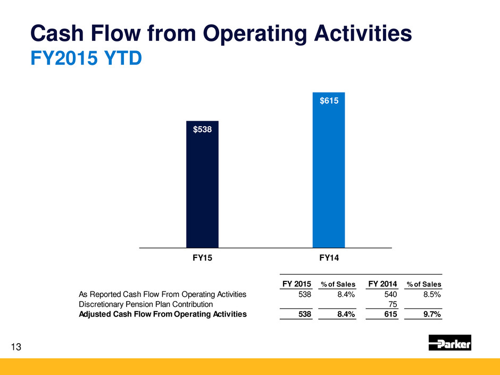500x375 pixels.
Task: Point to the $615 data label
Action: pyautogui.click(x=328, y=101)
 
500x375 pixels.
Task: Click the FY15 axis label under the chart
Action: pyautogui.click(x=202, y=257)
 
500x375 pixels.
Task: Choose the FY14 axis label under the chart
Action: pyautogui.click(x=329, y=257)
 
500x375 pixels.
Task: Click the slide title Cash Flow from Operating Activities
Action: pyautogui.click(x=221, y=35)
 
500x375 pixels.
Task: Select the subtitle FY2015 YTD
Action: pyautogui.click(x=85, y=57)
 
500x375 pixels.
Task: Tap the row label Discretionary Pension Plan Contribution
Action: pyautogui.click(x=146, y=304)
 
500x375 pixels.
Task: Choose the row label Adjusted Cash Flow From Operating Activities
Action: pyautogui.click(x=163, y=314)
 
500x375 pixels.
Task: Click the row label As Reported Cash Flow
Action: pyautogui.click(x=162, y=294)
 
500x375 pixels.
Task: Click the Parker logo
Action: pyautogui.click(x=449, y=343)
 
